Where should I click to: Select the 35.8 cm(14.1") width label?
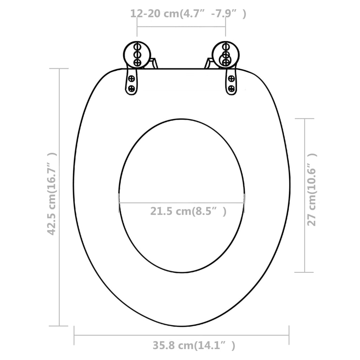[194, 345]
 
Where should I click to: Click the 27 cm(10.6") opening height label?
[312, 194]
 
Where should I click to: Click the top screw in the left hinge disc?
[137, 46]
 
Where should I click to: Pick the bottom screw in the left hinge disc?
[137, 62]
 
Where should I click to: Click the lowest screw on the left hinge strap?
[131, 88]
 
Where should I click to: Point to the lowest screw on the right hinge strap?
[231, 88]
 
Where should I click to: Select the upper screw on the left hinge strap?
[131, 78]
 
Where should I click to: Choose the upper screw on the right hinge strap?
[231, 78]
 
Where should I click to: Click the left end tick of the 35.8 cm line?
[74, 335]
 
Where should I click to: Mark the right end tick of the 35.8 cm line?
[289, 335]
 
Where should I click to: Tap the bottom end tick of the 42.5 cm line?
[59, 326]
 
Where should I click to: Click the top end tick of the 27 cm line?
[304, 118]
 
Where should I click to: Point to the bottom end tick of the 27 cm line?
[304, 272]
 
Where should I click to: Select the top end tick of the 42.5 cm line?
[59, 69]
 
